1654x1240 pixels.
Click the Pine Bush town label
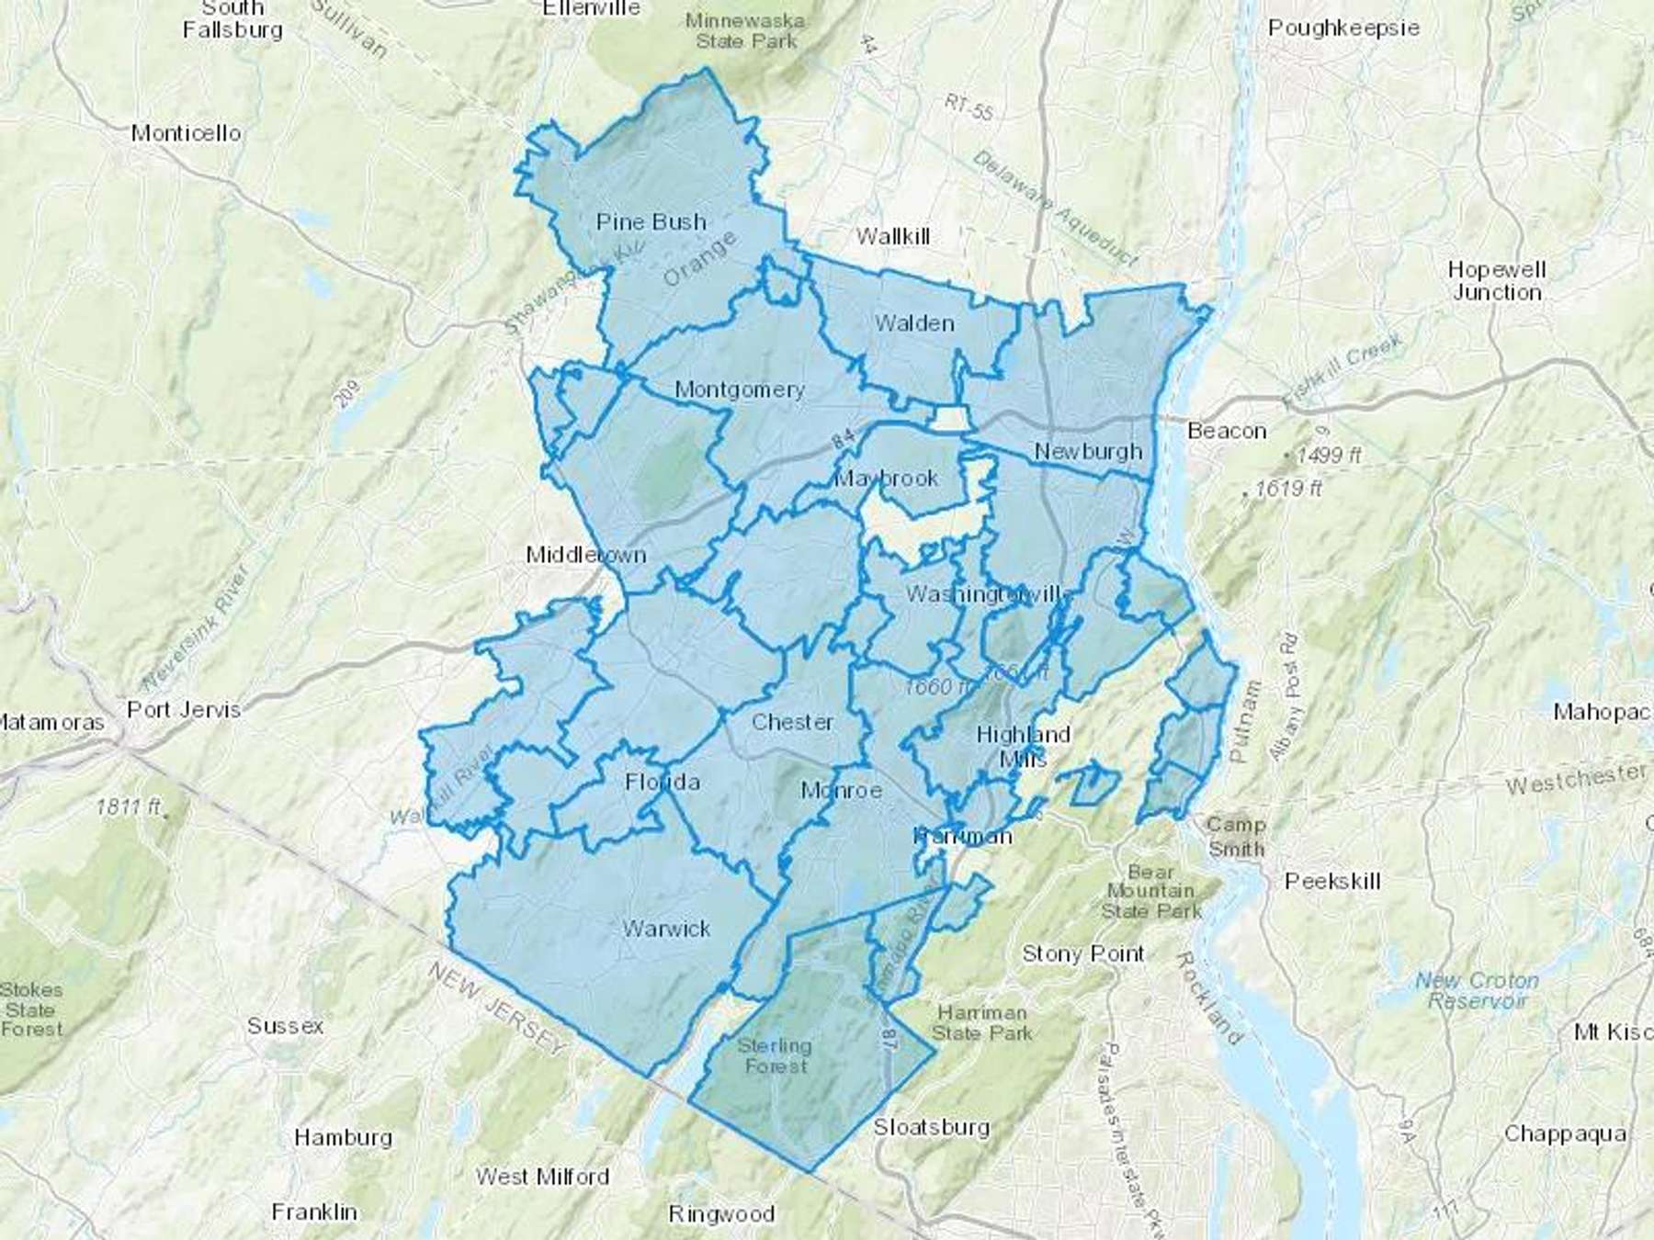click(651, 222)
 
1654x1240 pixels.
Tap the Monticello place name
click(186, 133)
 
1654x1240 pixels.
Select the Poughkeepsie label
click(1342, 28)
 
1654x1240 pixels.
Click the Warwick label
click(666, 929)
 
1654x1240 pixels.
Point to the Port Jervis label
click(184, 709)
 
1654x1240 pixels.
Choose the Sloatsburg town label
click(931, 1127)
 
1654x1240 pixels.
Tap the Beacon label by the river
click(1226, 431)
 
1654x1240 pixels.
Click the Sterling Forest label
click(775, 1056)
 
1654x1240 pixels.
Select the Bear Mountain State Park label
click(1150, 891)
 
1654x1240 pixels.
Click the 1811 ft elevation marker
click(129, 806)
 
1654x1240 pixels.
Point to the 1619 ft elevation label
click(1286, 489)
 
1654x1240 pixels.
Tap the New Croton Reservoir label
click(1477, 990)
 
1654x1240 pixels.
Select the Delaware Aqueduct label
click(1054, 209)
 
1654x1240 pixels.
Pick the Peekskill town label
click(1332, 882)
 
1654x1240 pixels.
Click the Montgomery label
click(739, 389)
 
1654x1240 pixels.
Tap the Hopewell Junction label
click(1496, 281)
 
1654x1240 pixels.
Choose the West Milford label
click(542, 1177)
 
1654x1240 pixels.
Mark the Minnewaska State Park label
click(744, 30)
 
